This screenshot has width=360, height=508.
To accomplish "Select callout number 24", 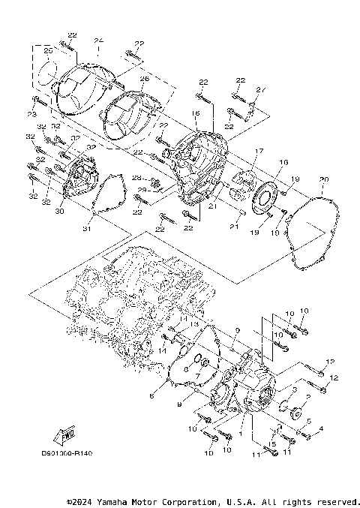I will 99,41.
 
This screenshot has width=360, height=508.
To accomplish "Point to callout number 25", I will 48,51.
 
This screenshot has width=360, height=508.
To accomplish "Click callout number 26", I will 145,78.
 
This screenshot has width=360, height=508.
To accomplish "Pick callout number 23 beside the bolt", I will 31,114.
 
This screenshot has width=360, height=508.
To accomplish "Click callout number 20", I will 323,179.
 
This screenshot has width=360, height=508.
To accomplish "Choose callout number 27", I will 261,91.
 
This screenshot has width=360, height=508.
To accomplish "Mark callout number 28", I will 136,178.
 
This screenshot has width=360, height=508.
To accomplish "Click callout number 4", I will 321,428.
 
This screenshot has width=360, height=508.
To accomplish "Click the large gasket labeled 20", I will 315,233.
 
